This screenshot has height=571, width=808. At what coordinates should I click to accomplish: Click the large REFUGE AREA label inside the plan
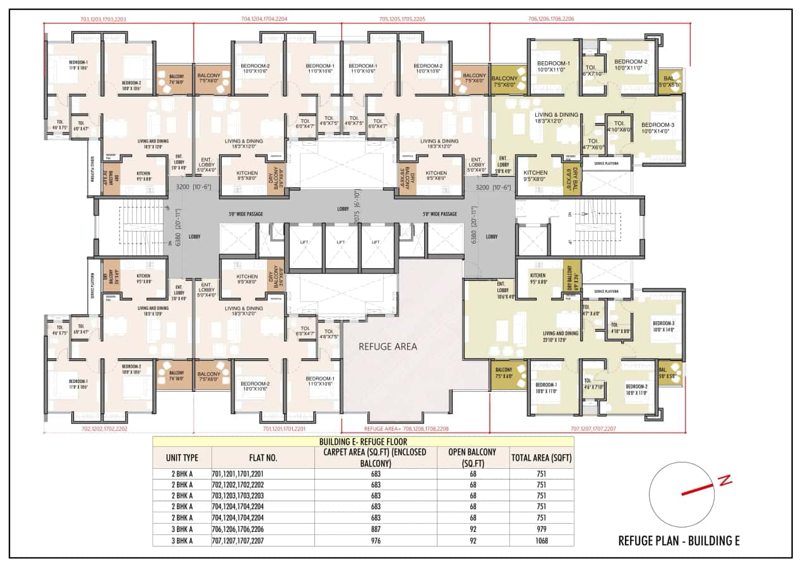click(x=388, y=346)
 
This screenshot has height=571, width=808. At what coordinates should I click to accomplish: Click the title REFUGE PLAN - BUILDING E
click(x=678, y=541)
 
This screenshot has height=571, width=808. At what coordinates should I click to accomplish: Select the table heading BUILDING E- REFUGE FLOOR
click(x=363, y=442)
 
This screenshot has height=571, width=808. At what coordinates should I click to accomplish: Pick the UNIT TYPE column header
click(x=182, y=458)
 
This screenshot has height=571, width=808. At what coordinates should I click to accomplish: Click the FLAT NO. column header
click(x=263, y=458)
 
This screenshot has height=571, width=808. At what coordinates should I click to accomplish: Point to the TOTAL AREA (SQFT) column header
click(x=542, y=458)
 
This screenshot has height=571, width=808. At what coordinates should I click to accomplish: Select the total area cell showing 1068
click(x=542, y=540)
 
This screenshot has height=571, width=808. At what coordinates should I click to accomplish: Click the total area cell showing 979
click(x=542, y=529)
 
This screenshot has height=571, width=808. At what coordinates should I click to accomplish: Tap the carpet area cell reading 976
click(x=376, y=540)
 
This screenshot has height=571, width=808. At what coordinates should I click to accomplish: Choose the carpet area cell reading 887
click(x=376, y=529)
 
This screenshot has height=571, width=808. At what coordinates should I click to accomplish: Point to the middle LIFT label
click(x=341, y=242)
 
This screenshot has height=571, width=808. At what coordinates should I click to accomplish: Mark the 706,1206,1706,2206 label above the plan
click(x=551, y=20)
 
